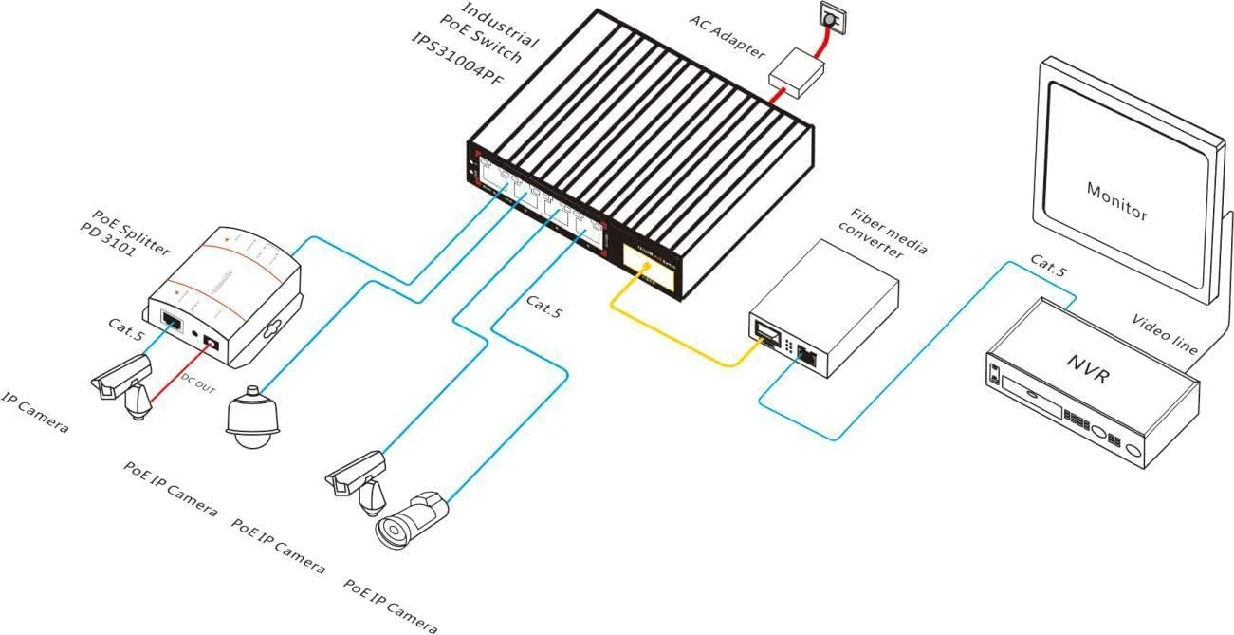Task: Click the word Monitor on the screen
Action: tap(1116, 199)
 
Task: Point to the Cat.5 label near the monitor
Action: tap(1048, 266)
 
